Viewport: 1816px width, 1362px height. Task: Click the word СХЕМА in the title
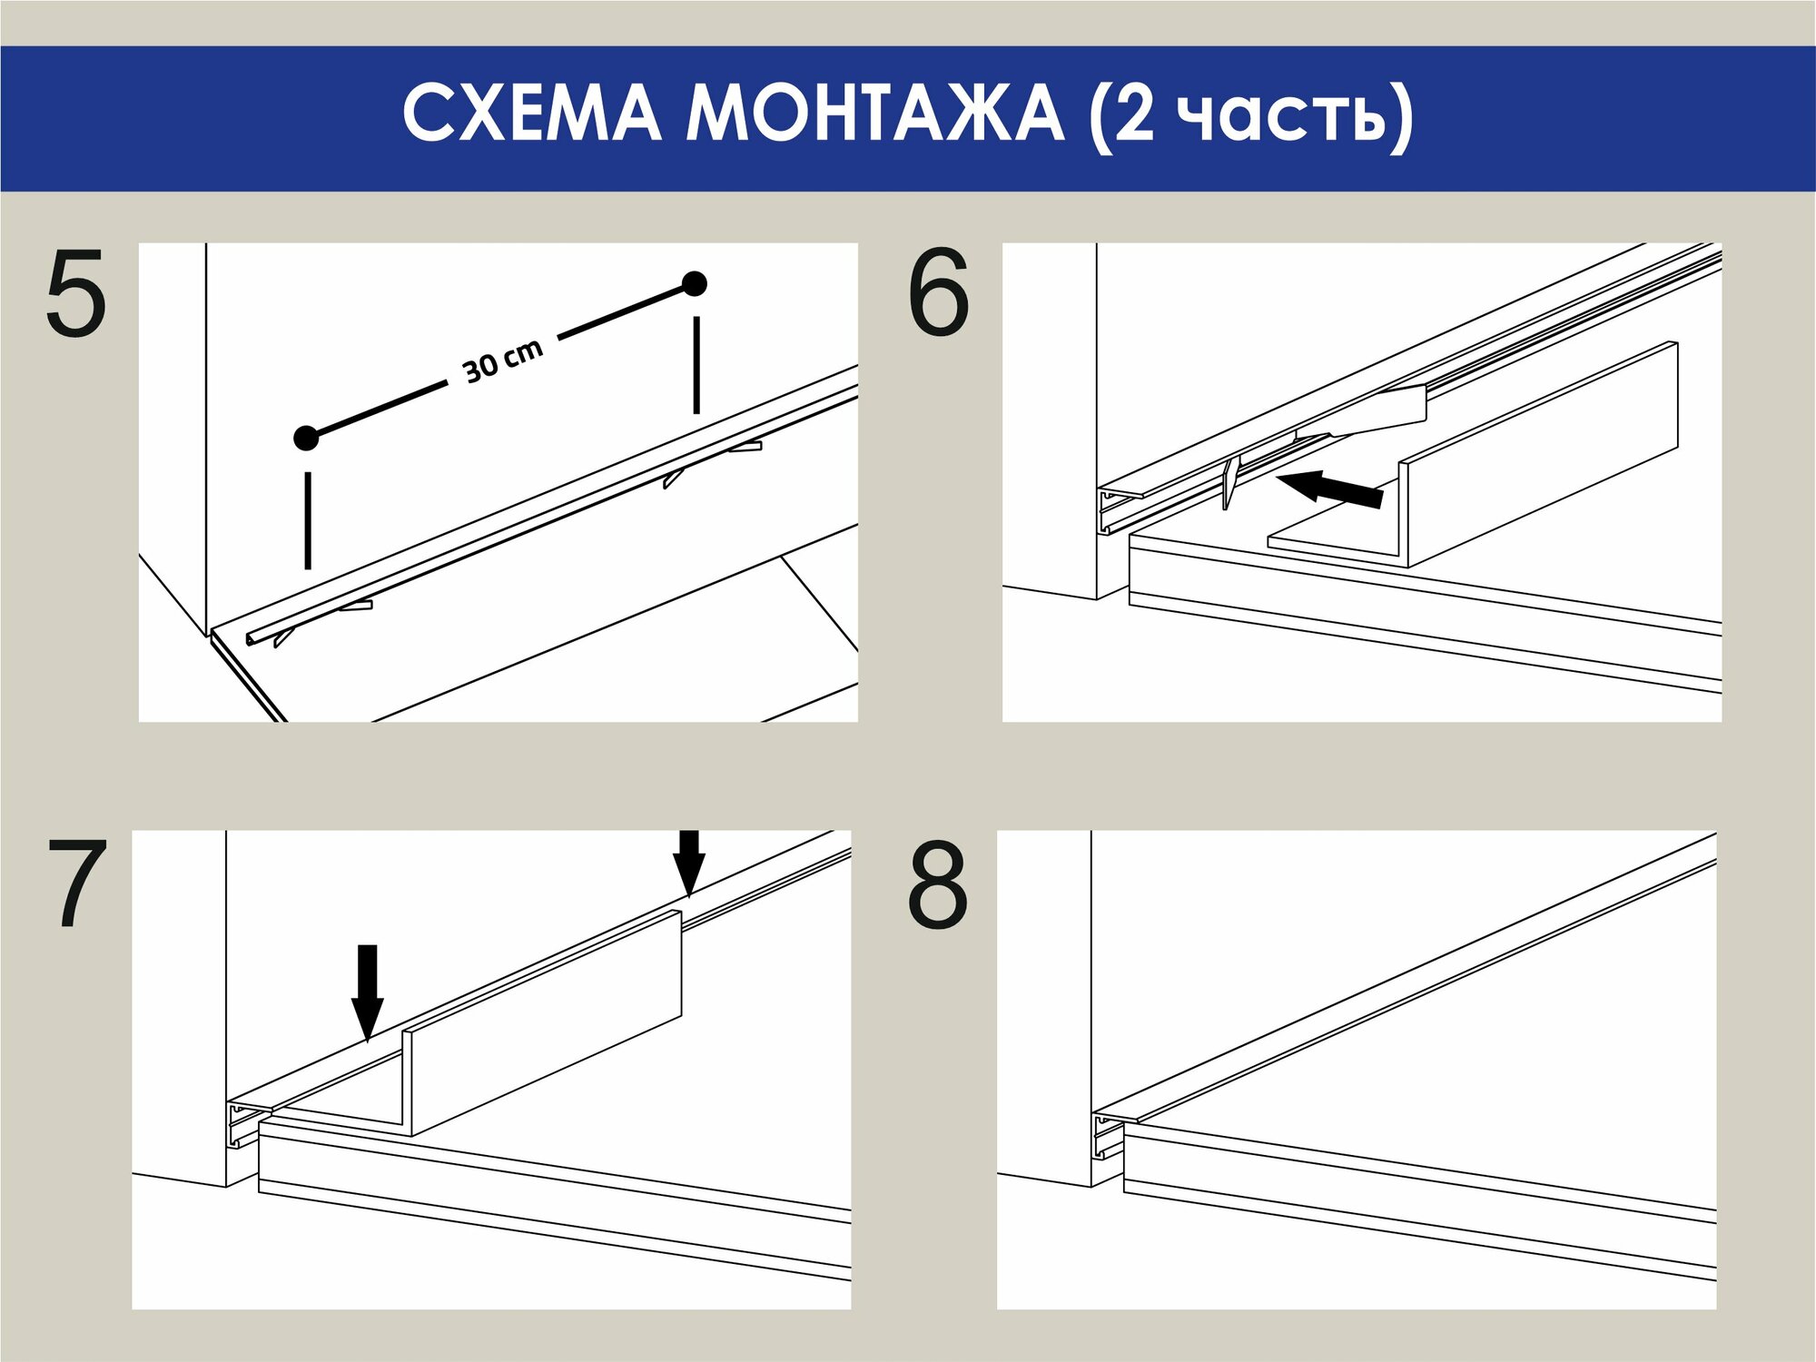pyautogui.click(x=532, y=113)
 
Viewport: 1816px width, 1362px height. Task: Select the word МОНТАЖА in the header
pyautogui.click(x=875, y=113)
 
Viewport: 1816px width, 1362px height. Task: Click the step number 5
pyautogui.click(x=76, y=293)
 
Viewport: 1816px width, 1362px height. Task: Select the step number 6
pyautogui.click(x=939, y=292)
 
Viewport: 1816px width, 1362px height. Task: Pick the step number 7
pyautogui.click(x=77, y=883)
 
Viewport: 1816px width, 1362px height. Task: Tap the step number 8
pyautogui.click(x=938, y=883)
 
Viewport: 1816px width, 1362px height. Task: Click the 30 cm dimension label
pyautogui.click(x=503, y=360)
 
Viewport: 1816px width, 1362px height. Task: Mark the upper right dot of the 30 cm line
pyautogui.click(x=695, y=284)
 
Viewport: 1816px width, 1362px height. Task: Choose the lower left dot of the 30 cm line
pyautogui.click(x=307, y=438)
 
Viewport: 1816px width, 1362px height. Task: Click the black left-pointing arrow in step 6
pyautogui.click(x=1329, y=489)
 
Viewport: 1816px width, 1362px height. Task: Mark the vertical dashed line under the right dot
pyautogui.click(x=696, y=365)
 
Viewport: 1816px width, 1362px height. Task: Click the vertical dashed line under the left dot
pyautogui.click(x=308, y=520)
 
